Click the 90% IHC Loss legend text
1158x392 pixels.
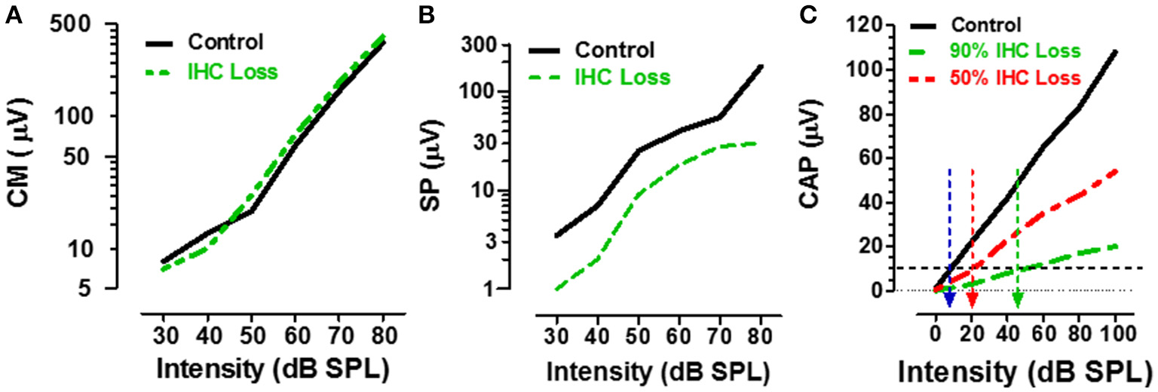[1025, 51]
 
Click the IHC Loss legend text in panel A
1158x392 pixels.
[232, 72]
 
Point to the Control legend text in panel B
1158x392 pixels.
[614, 51]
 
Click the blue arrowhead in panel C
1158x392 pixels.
[949, 299]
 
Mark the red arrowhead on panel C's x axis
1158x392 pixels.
[973, 299]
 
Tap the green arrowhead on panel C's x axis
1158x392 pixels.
[1018, 299]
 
